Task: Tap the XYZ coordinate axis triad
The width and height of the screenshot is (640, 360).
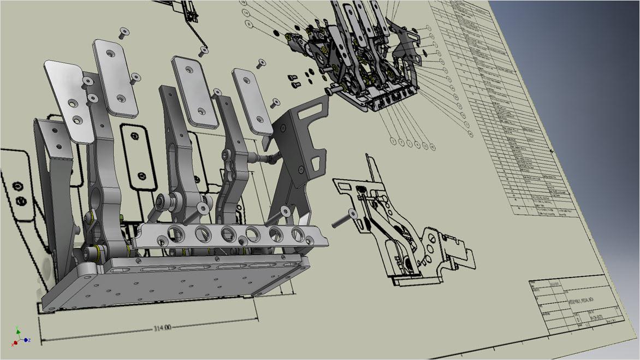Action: pyautogui.click(x=19, y=337)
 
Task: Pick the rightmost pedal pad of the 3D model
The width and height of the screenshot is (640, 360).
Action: pyautogui.click(x=251, y=102)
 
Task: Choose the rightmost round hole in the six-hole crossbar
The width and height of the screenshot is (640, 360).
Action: pyautogui.click(x=298, y=234)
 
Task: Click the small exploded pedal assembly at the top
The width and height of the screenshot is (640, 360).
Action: pyautogui.click(x=360, y=60)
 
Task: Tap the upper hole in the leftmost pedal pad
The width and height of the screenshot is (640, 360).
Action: pyautogui.click(x=72, y=102)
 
